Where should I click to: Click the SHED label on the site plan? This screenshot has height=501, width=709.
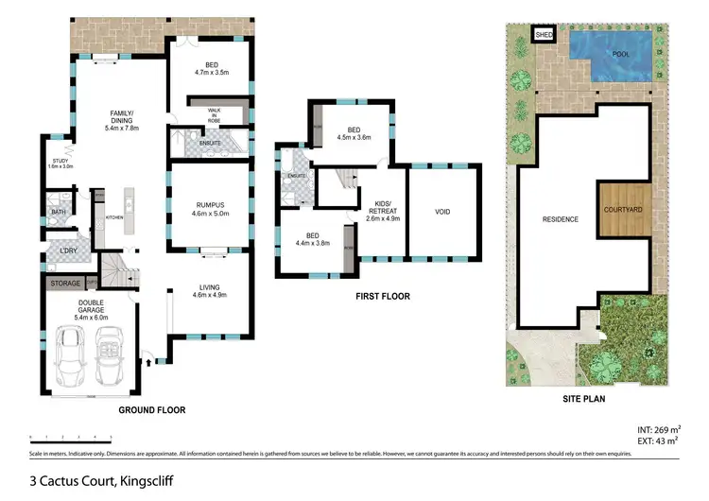(x=544, y=35)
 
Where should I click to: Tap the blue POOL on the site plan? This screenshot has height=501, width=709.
(x=614, y=48)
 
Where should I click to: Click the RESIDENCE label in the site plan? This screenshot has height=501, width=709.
(x=560, y=219)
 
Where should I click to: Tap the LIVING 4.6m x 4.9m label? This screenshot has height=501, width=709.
(x=209, y=291)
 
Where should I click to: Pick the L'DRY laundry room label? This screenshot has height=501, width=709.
(x=67, y=250)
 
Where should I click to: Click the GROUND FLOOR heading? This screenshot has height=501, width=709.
(x=151, y=410)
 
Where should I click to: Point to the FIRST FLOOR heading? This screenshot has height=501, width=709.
(x=382, y=296)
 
